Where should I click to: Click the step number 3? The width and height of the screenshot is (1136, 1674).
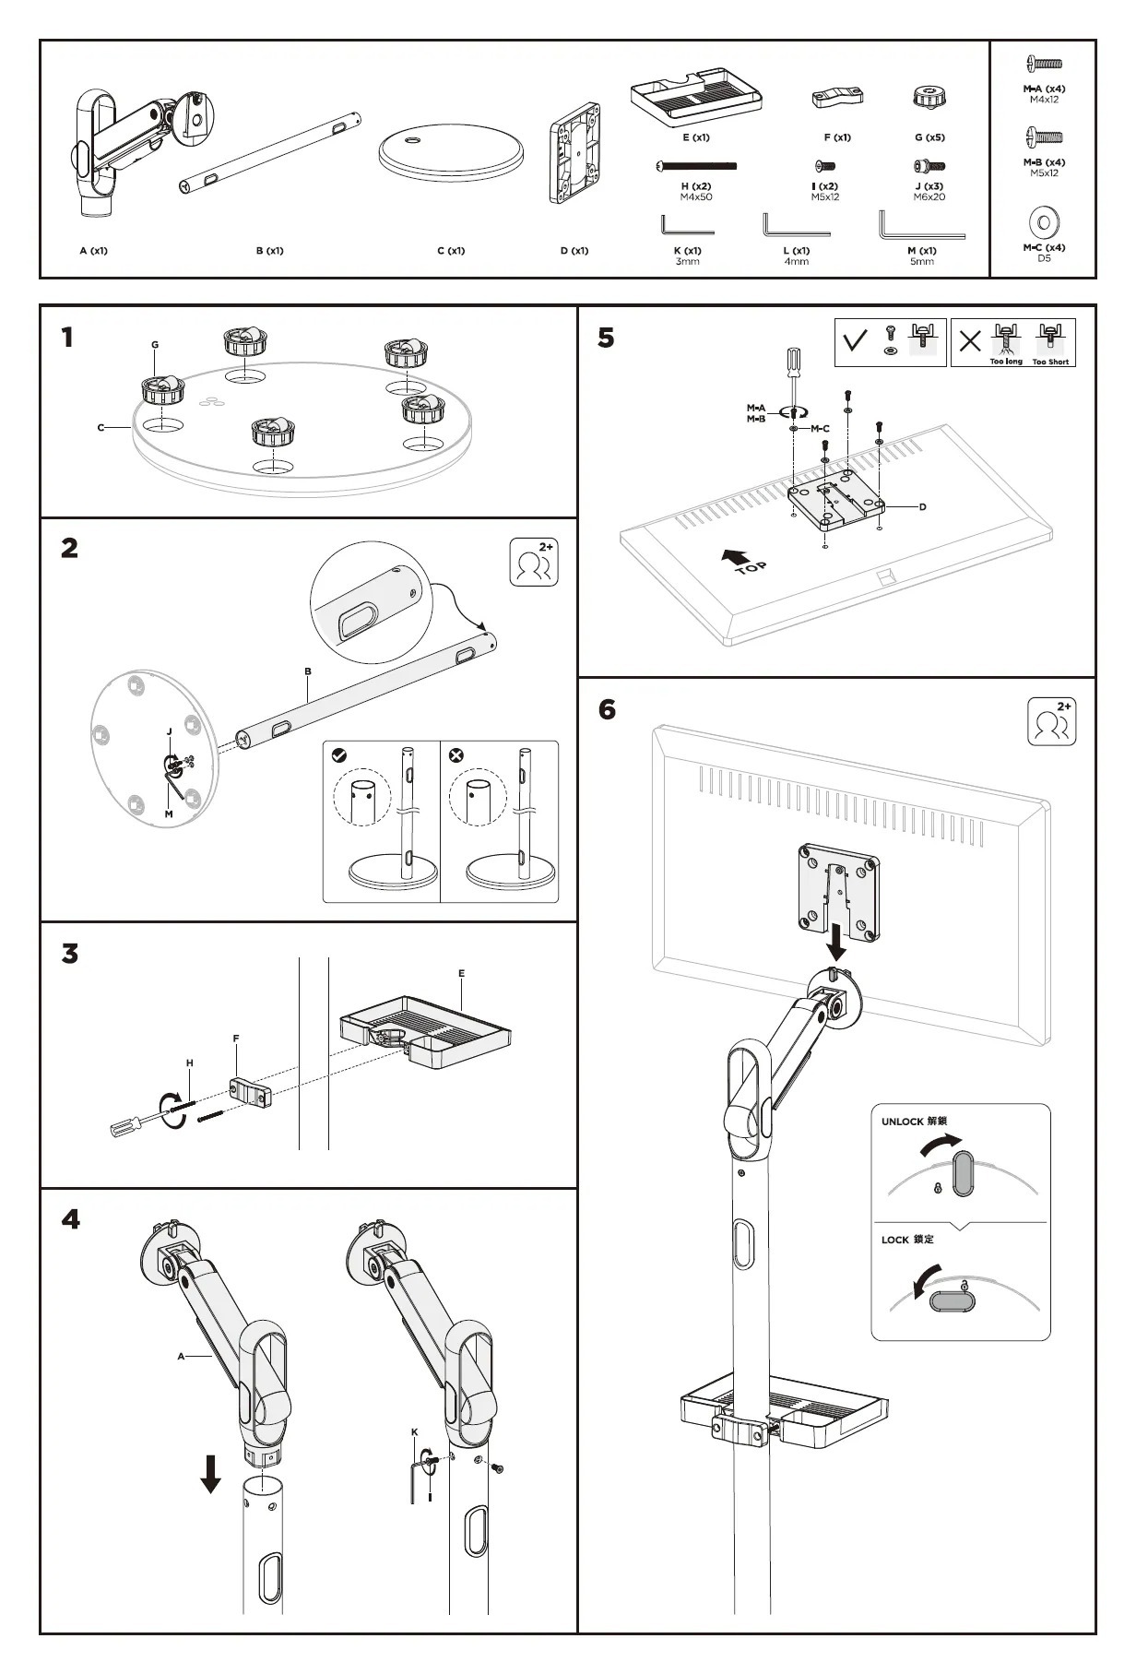pyautogui.click(x=70, y=954)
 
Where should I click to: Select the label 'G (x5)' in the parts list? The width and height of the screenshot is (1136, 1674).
pyautogui.click(x=929, y=137)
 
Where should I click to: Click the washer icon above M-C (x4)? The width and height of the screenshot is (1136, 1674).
pyautogui.click(x=1044, y=222)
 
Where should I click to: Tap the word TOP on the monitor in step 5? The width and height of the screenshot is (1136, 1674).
pyautogui.click(x=751, y=567)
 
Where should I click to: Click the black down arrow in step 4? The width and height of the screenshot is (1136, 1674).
pyautogui.click(x=211, y=1473)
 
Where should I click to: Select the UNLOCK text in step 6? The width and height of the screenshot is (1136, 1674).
pyautogui.click(x=902, y=1122)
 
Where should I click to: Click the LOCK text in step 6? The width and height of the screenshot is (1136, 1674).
pyautogui.click(x=894, y=1240)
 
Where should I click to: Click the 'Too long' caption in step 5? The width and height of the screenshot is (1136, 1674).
pyautogui.click(x=1006, y=362)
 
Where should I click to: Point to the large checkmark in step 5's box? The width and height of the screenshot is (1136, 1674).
pyautogui.click(x=856, y=341)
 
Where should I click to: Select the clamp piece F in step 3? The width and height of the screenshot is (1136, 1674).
pyautogui.click(x=249, y=1094)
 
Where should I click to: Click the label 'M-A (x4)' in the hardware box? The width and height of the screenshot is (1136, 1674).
pyautogui.click(x=1044, y=89)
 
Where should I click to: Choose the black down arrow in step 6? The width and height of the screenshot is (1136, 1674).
pyautogui.click(x=837, y=943)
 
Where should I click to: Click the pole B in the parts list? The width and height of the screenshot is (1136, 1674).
pyautogui.click(x=269, y=153)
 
